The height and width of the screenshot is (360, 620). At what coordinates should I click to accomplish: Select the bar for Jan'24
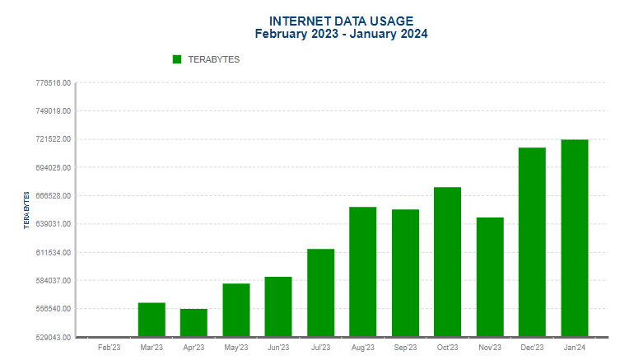574,238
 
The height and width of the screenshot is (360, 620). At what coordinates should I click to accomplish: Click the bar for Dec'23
532,242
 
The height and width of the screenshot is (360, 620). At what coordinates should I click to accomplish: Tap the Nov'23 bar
490,277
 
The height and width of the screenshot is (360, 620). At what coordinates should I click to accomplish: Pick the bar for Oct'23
447,262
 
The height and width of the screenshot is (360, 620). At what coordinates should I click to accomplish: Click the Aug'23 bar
362,272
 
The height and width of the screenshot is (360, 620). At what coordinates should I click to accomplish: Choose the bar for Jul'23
320,292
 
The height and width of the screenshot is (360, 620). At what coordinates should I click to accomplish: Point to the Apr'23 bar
193,323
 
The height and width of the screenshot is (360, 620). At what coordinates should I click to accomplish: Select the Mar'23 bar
152,320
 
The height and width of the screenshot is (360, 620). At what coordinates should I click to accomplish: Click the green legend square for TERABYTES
177,59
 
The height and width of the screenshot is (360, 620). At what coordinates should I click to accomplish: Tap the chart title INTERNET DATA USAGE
341,21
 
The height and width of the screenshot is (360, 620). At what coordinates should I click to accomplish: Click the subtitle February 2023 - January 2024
341,34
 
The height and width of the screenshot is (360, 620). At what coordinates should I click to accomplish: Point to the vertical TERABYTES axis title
26,211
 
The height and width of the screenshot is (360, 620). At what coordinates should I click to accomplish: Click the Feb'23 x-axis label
110,348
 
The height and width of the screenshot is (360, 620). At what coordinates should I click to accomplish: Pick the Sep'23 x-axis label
405,348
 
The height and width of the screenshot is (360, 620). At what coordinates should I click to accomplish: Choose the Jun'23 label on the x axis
278,348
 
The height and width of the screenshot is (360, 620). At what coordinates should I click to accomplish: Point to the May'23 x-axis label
236,348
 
